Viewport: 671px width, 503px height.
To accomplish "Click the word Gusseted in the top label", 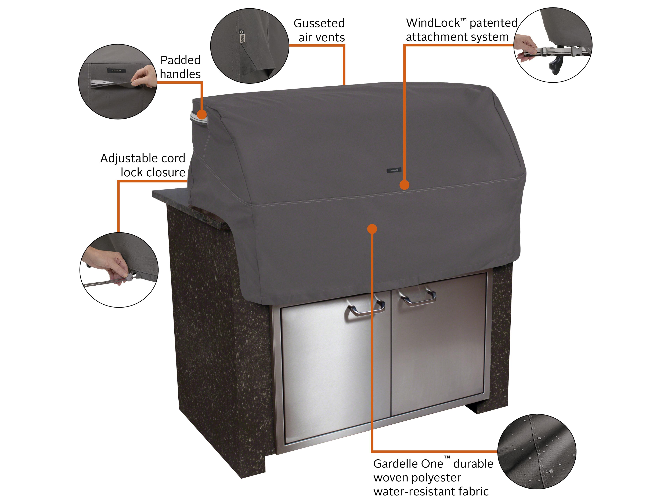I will point(319,23).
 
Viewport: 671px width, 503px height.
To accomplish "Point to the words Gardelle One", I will point(408,464).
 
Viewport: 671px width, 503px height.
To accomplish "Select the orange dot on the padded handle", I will point(202,115).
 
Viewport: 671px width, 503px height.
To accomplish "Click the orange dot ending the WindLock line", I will point(404,185).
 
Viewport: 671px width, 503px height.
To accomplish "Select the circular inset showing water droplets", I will point(537,451).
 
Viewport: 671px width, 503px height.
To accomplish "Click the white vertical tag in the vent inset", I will point(242,36).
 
